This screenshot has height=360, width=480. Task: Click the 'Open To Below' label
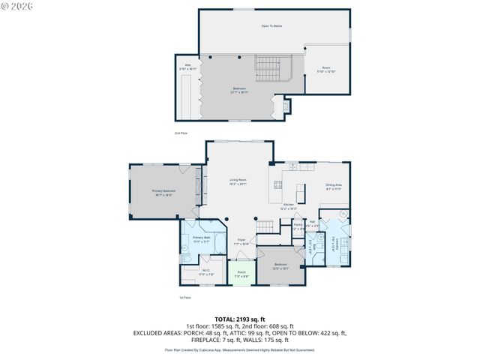[x=271, y=26]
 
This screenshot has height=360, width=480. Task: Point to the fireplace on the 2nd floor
[x=283, y=107]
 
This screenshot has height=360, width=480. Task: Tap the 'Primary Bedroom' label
[x=164, y=192]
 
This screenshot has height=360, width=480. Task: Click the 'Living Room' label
[x=238, y=181]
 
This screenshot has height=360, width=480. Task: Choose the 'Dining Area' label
[x=334, y=186]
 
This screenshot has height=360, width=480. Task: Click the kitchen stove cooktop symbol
[x=277, y=184]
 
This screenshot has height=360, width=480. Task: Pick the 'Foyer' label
[x=241, y=241]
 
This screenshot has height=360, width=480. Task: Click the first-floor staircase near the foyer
[x=263, y=226]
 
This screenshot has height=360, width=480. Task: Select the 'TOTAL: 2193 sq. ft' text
[x=239, y=319]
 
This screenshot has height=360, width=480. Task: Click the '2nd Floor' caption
[x=181, y=133]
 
